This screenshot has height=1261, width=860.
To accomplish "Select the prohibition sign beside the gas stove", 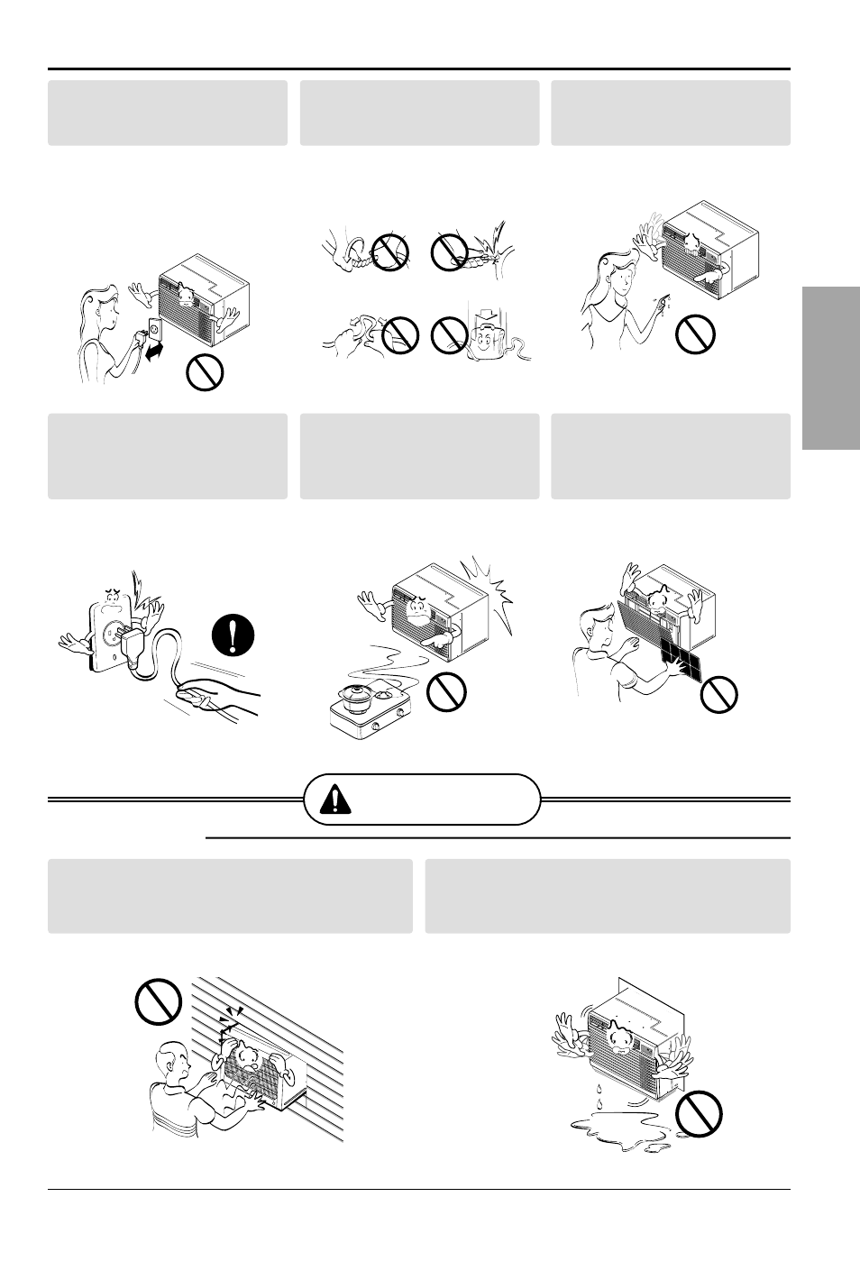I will pyautogui.click(x=445, y=691).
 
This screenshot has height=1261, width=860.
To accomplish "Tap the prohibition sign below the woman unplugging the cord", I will pyautogui.click(x=206, y=372).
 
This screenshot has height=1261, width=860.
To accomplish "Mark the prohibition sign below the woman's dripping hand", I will pyautogui.click(x=695, y=334).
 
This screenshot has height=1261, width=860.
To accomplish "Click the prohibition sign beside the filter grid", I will pyautogui.click(x=718, y=693).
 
